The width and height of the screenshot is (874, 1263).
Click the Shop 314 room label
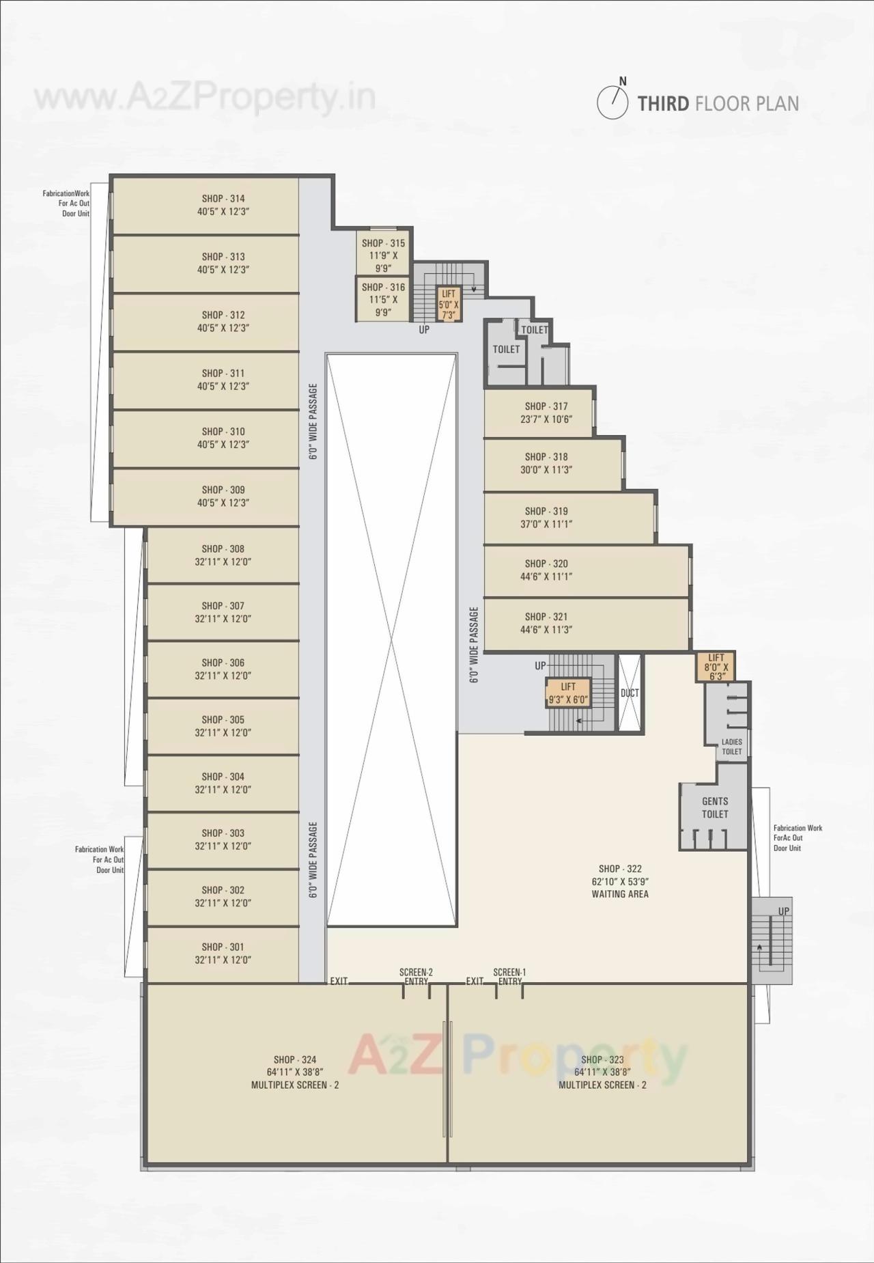point(223,199)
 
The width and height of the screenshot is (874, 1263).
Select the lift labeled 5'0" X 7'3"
point(449,304)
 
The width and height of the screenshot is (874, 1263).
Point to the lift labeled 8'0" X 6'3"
point(716,667)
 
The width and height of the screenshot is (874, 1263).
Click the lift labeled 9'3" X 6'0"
point(568,693)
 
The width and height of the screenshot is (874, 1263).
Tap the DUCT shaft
point(630,693)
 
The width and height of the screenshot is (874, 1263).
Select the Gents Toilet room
point(714,807)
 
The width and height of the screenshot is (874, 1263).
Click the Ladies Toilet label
point(731,747)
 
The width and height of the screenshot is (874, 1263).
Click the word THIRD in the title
point(663,104)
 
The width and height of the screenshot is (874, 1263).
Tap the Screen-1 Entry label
point(509,977)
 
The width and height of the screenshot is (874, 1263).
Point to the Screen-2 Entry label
point(416,977)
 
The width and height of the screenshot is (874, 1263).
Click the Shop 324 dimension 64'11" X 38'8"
point(295,1072)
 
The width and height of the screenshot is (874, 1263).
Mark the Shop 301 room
point(223,954)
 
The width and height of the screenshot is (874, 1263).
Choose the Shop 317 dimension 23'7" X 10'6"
point(546,419)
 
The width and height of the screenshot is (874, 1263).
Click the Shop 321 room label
point(546,617)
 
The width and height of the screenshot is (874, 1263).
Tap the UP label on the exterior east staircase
point(783,911)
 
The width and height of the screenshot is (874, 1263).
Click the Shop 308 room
point(223,555)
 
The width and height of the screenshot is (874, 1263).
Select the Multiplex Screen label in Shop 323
point(602,1085)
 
